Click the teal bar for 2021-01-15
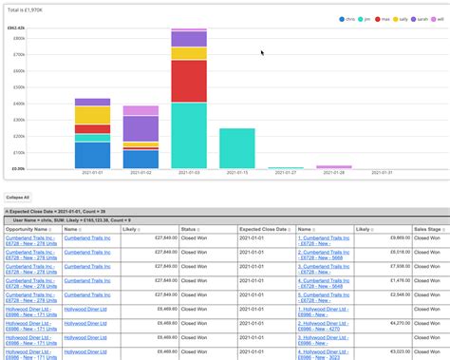point(237,147)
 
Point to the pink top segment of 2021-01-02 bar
point(141,110)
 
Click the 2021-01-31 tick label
point(383,174)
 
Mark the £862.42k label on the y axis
point(16,28)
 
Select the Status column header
point(190,229)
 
